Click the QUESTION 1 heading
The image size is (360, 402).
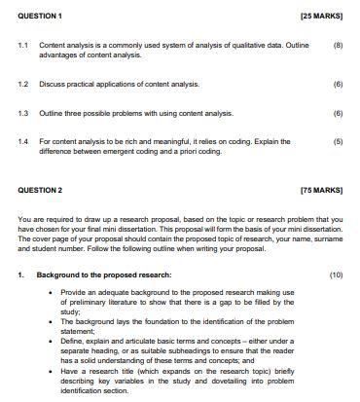36,17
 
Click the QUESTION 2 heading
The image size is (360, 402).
36,190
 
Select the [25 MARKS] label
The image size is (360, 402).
321,17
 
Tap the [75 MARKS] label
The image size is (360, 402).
321,190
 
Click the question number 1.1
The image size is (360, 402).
22,46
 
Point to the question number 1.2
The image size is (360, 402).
22,85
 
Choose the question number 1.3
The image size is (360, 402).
22,113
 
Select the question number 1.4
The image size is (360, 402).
22,141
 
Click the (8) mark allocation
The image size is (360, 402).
338,46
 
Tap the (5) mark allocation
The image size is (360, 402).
338,141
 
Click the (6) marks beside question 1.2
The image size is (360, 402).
338,85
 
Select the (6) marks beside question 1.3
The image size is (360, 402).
338,113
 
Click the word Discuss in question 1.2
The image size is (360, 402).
52,85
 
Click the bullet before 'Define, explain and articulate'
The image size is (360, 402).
51,342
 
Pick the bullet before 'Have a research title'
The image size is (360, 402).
51,371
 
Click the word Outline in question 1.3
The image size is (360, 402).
52,113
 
